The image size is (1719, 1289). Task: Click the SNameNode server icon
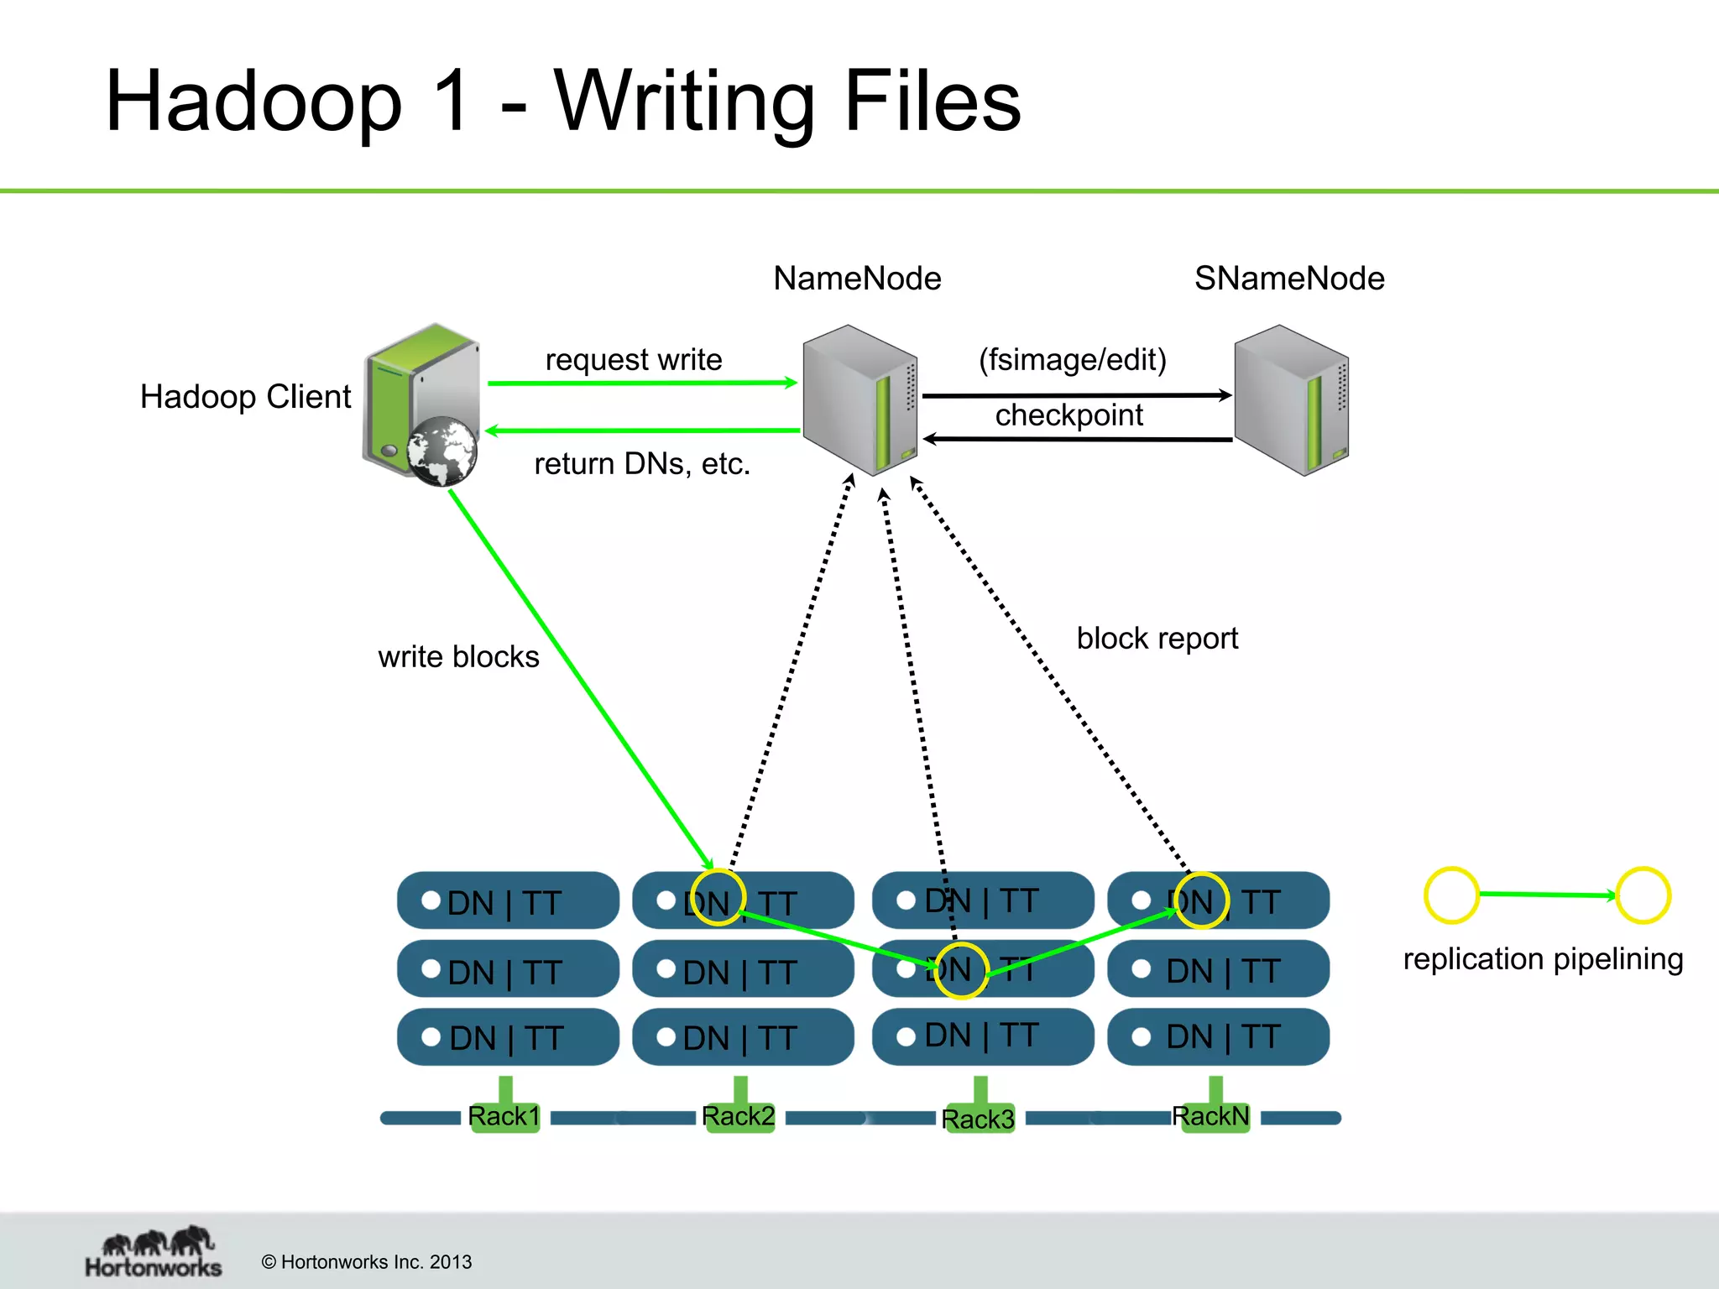[x=1291, y=399]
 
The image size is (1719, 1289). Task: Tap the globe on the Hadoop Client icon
[x=442, y=451]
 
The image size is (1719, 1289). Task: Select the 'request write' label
[x=634, y=359]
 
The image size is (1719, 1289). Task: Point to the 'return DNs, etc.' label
[x=642, y=463]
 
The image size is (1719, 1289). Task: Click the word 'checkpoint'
[x=1068, y=415]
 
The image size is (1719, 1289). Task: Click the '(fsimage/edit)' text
[x=1073, y=359]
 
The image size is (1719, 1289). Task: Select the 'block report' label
[x=1157, y=638]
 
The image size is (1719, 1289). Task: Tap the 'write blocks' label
[x=458, y=656]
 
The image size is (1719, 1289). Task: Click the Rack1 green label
[x=504, y=1116]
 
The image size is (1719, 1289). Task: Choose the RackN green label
[x=1210, y=1116]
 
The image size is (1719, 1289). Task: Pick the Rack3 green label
[x=978, y=1119]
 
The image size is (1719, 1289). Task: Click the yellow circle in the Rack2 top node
[x=718, y=897]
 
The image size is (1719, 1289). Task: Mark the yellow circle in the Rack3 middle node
[x=961, y=971]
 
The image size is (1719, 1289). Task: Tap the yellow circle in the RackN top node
[x=1201, y=900]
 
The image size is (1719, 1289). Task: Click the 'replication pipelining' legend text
[x=1543, y=958]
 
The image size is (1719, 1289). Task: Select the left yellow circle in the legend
[x=1451, y=895]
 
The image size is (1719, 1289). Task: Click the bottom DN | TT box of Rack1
[x=508, y=1037]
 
